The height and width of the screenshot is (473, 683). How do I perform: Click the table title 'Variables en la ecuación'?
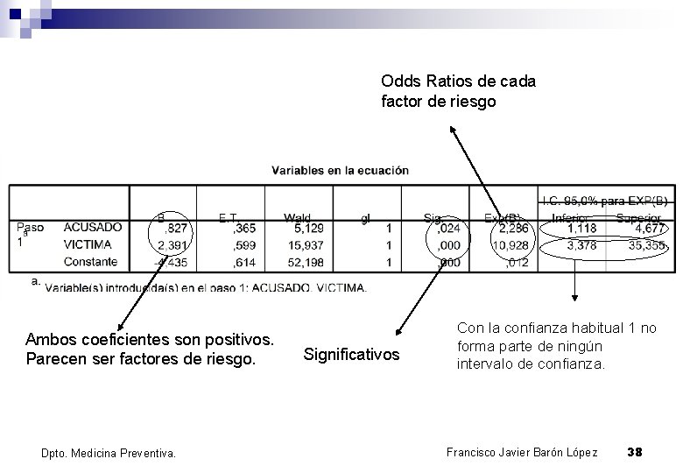(x=340, y=171)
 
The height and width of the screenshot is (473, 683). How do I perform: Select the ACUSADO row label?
(x=93, y=228)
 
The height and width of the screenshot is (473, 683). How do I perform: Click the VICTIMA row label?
(x=88, y=244)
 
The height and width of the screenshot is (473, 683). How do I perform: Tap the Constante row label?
(x=90, y=261)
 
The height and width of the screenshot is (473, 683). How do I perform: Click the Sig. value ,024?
(x=447, y=228)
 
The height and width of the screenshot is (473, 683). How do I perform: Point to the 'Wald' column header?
(x=297, y=216)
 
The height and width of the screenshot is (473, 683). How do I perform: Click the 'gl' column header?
(x=363, y=216)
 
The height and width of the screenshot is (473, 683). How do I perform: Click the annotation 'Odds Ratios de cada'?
(x=459, y=81)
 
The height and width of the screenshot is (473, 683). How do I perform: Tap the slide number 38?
(x=636, y=452)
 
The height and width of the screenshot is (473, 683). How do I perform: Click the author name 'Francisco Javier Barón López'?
(x=522, y=452)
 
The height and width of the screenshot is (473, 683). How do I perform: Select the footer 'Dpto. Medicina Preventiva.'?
(x=109, y=453)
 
